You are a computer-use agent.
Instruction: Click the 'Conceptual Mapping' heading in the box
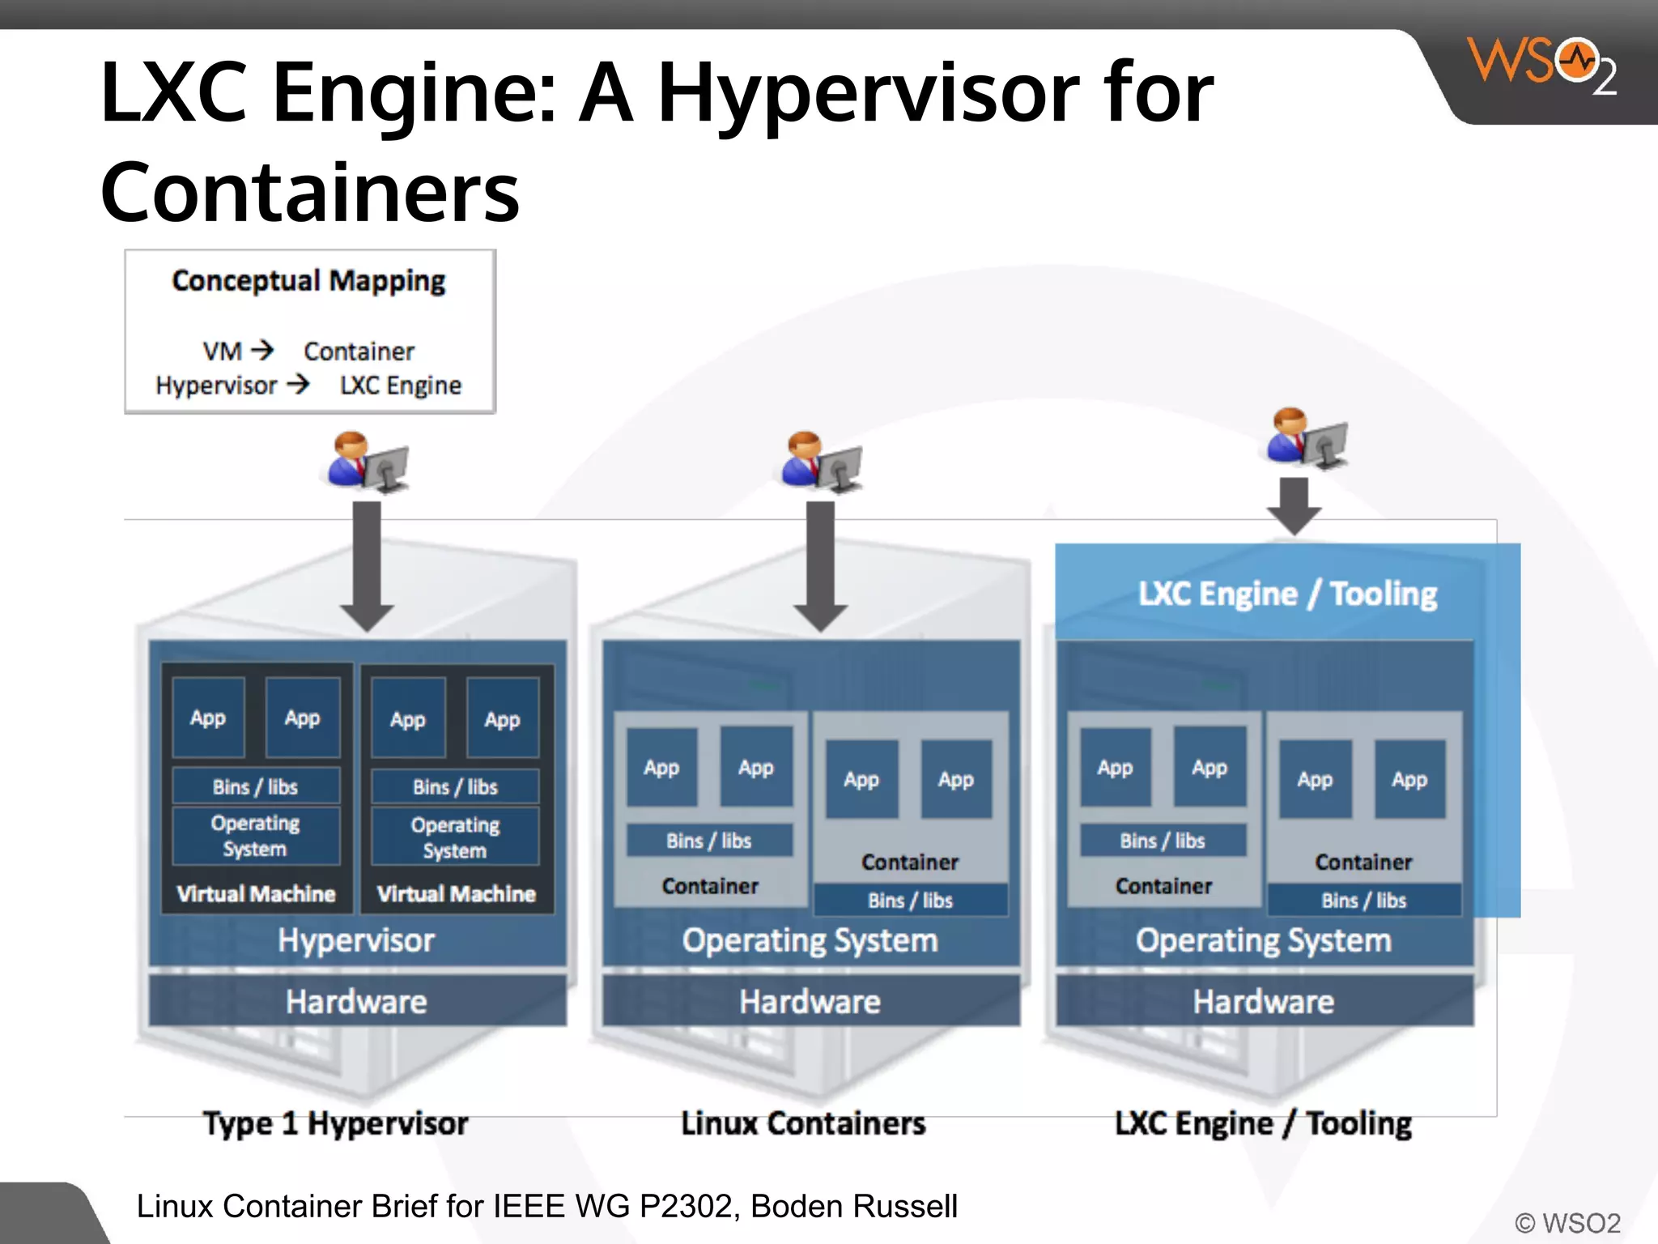point(308,281)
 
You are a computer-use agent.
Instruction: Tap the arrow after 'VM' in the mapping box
point(262,351)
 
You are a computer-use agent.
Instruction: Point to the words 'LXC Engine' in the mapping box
point(401,386)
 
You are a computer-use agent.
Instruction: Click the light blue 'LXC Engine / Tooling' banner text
point(1287,594)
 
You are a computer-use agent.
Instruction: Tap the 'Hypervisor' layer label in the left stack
point(356,940)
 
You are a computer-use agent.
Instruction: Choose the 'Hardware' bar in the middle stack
point(810,1002)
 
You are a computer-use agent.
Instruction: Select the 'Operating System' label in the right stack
point(1263,940)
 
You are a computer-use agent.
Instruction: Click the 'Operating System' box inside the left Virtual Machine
point(256,836)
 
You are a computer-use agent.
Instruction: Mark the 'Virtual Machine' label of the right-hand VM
point(457,893)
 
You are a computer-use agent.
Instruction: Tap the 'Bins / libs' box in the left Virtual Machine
point(256,786)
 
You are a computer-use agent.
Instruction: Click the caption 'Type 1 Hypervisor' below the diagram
point(335,1123)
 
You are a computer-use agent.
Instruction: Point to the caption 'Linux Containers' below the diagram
point(803,1123)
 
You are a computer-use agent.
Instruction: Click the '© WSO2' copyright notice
point(1567,1222)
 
